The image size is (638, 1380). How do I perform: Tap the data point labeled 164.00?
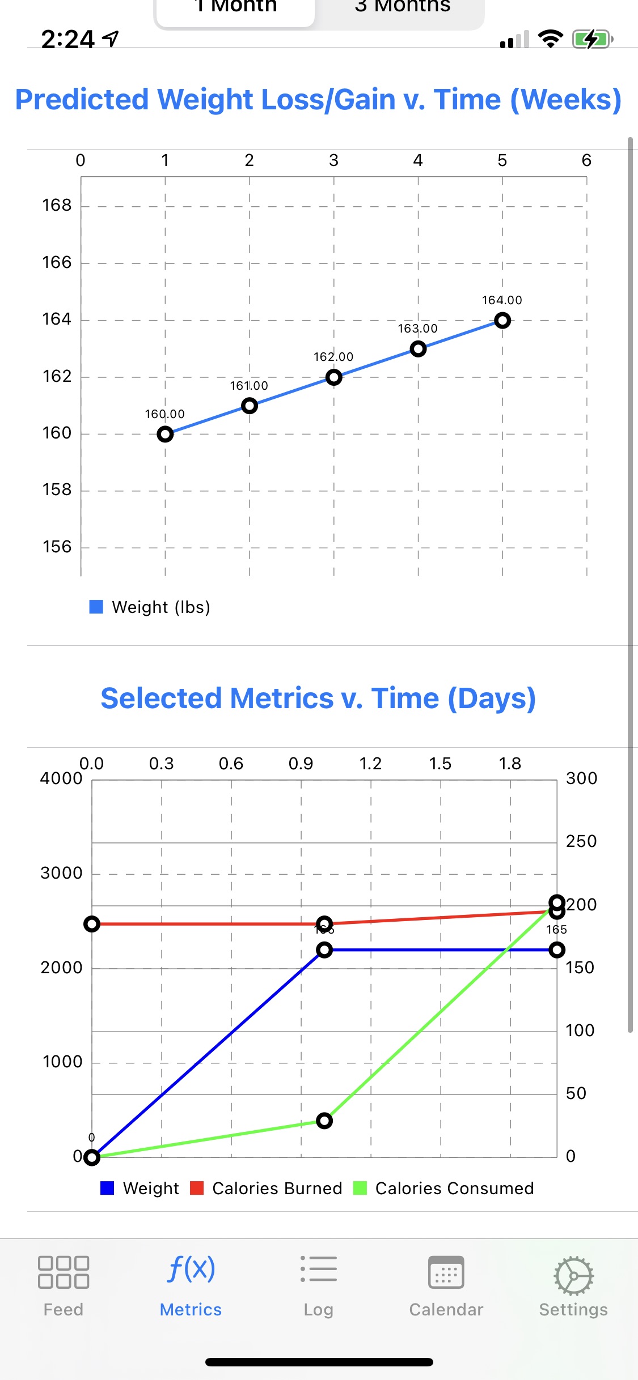[502, 321]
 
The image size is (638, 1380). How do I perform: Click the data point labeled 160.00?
[165, 435]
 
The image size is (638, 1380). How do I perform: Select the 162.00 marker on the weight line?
[333, 377]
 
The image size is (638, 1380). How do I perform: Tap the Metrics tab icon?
[191, 1269]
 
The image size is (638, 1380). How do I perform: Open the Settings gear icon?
[573, 1276]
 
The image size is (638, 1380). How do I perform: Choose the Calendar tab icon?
[446, 1272]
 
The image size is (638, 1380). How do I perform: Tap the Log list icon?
[318, 1269]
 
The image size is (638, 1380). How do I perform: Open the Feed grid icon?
[64, 1272]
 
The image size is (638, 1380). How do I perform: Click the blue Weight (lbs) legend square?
[96, 607]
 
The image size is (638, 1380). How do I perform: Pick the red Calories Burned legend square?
[197, 1188]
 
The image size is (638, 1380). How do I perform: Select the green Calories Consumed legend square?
[360, 1188]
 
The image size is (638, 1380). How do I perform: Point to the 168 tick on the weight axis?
[57, 205]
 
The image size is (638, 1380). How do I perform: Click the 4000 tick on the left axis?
[61, 778]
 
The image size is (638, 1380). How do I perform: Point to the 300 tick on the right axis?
[581, 778]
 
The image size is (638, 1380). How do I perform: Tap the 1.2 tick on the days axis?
[370, 764]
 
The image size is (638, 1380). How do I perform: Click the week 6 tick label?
[586, 160]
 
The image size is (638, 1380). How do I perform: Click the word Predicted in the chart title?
[82, 100]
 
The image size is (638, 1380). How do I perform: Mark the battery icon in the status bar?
[592, 40]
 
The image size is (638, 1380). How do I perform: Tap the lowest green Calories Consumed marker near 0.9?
[324, 1121]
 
